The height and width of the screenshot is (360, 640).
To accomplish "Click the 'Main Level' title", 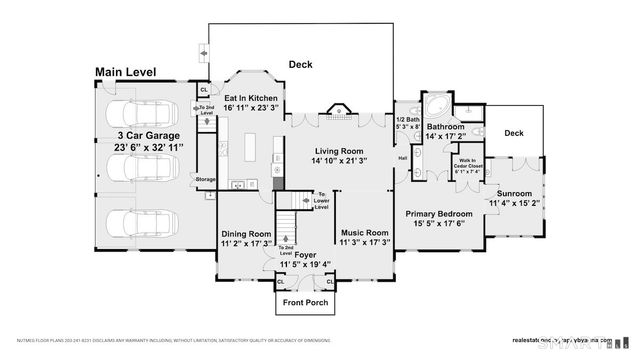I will click(x=134, y=72).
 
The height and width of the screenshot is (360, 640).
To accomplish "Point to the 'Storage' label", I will click(x=206, y=180).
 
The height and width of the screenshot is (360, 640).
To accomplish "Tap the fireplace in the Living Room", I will click(x=337, y=111).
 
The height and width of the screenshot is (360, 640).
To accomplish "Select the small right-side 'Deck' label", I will click(x=513, y=132).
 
